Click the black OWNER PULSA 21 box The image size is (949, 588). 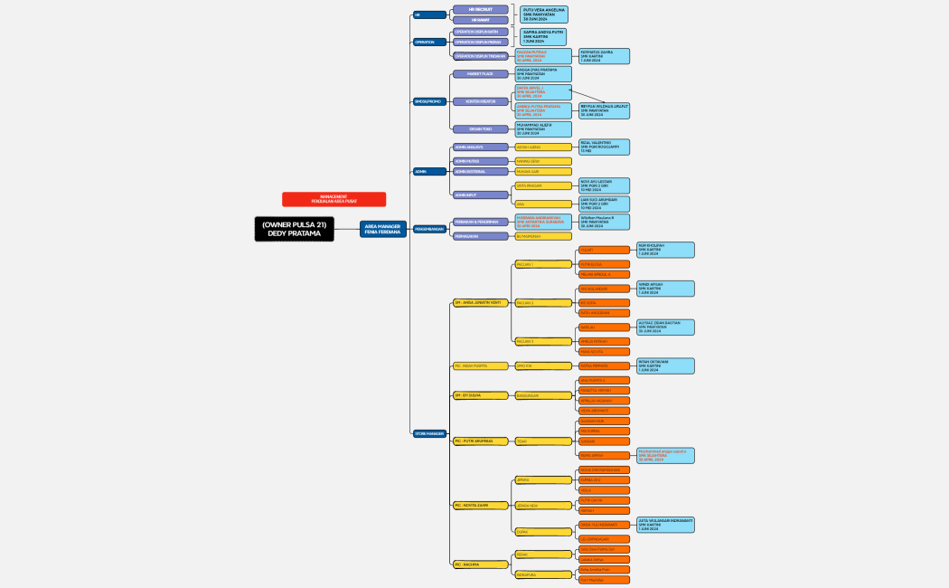[294, 229]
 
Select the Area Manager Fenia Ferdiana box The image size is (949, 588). [382, 229]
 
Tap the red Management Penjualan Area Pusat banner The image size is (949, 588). [334, 199]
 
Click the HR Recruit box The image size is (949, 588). [480, 9]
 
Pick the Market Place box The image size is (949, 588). [480, 73]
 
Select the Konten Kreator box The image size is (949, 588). [480, 101]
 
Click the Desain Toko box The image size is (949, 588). [480, 129]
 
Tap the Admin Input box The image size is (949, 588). [480, 194]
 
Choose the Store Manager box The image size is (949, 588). [429, 433]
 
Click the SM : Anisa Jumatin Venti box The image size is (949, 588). [480, 302]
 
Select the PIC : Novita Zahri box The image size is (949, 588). [480, 505]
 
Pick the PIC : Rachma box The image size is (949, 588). [480, 564]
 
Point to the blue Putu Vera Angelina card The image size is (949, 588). [544, 14]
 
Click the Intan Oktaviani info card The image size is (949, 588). [665, 365]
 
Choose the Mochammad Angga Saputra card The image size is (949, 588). [665, 455]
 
